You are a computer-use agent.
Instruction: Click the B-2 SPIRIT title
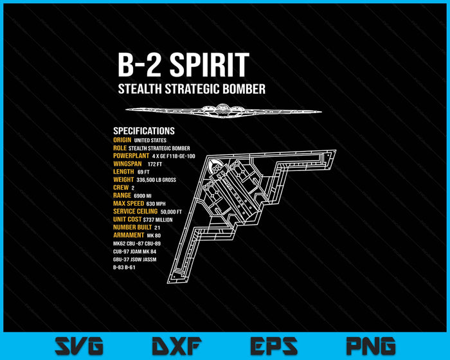click(x=183, y=66)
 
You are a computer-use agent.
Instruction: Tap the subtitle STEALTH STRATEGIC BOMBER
click(x=192, y=89)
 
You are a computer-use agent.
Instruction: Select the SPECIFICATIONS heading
click(x=144, y=130)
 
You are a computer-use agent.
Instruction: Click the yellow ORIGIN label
click(x=122, y=139)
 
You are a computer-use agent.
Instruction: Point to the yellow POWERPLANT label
click(x=130, y=156)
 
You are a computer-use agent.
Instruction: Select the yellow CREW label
click(x=120, y=187)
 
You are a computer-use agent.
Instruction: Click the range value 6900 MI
click(x=143, y=195)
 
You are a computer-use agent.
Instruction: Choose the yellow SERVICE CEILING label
click(x=135, y=212)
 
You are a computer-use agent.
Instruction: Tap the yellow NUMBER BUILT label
click(x=132, y=227)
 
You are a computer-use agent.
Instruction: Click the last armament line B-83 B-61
click(x=125, y=267)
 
